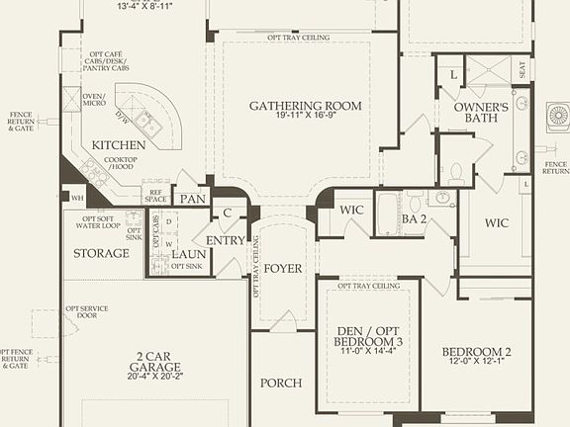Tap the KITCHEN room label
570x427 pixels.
click(x=120, y=145)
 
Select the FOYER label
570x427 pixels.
click(x=282, y=267)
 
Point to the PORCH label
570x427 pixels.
click(x=280, y=383)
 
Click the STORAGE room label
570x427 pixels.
click(x=101, y=253)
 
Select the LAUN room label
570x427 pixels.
click(x=189, y=253)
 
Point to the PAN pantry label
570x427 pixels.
click(x=193, y=199)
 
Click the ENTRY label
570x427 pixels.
click(x=226, y=240)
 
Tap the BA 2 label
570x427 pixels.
click(x=414, y=218)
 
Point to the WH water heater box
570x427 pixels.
click(x=77, y=198)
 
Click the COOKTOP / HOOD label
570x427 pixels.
click(x=122, y=162)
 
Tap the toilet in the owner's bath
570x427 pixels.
click(x=457, y=174)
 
